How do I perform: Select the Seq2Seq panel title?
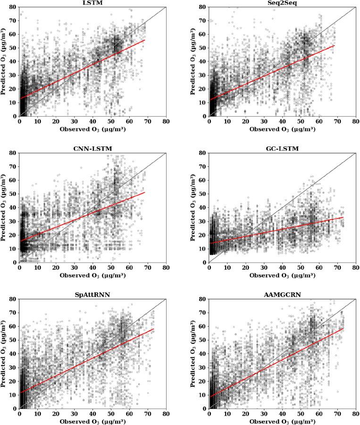(282, 3)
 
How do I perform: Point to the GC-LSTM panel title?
(282, 149)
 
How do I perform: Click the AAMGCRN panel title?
(282, 295)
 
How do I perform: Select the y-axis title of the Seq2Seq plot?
(194, 61)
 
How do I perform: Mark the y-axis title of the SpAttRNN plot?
(4, 354)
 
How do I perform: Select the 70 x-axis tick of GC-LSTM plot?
(337, 267)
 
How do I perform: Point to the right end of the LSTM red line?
(144, 40)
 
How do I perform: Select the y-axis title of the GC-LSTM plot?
(194, 207)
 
